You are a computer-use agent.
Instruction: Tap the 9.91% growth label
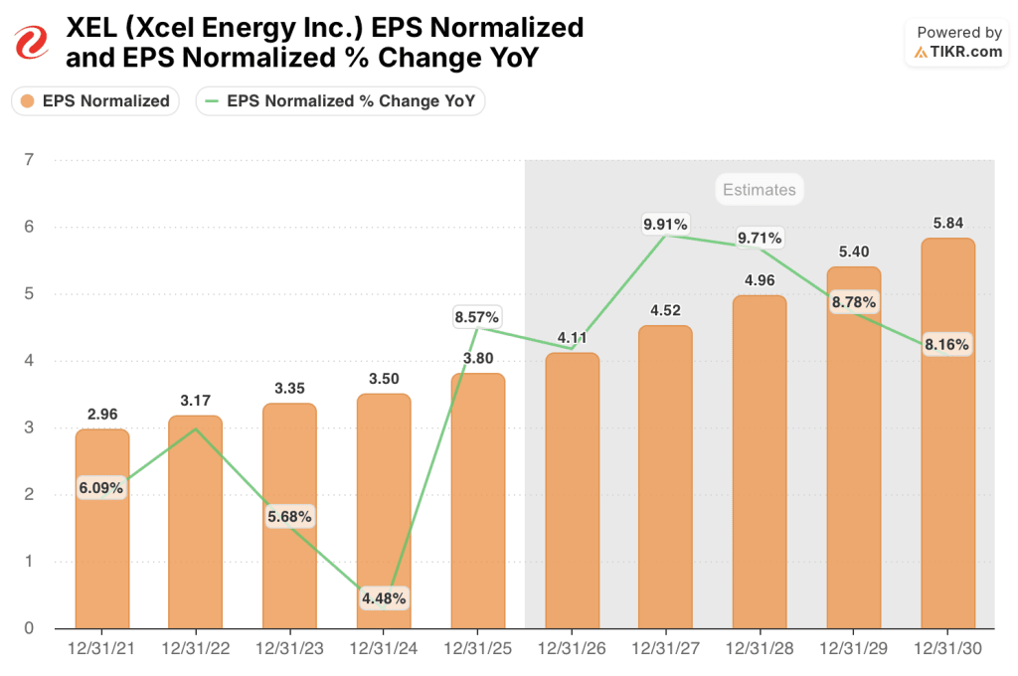666,225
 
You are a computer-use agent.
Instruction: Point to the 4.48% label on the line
384,598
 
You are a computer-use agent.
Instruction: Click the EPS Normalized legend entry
95,100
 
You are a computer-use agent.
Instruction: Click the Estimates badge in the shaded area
759,190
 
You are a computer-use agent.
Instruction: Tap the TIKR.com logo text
966,52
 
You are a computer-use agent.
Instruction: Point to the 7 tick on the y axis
29,160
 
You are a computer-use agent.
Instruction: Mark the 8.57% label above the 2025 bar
477,317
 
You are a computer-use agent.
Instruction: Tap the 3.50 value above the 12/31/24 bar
384,379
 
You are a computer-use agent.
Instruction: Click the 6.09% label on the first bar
101,488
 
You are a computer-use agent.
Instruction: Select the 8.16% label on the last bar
946,345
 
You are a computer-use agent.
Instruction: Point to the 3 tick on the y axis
29,427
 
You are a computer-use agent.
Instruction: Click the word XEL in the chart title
90,28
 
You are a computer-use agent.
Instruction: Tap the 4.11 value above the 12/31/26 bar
572,338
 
